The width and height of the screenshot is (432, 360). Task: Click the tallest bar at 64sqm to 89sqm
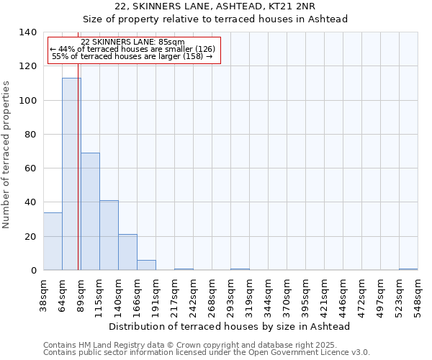tap(71, 174)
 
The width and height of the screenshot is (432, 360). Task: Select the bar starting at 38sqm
tap(53, 241)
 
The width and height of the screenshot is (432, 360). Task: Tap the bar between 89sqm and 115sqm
tap(90, 211)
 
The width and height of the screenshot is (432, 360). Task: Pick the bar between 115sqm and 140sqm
tap(109, 235)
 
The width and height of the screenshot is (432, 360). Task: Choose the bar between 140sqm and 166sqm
tap(127, 252)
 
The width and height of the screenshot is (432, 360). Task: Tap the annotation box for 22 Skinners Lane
tap(133, 50)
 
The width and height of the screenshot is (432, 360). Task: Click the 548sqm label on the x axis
tap(418, 296)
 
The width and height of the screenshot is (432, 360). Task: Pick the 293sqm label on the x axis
tap(231, 296)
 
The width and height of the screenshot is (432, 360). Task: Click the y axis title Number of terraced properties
tap(7, 154)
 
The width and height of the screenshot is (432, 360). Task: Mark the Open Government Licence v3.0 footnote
tap(207, 352)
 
